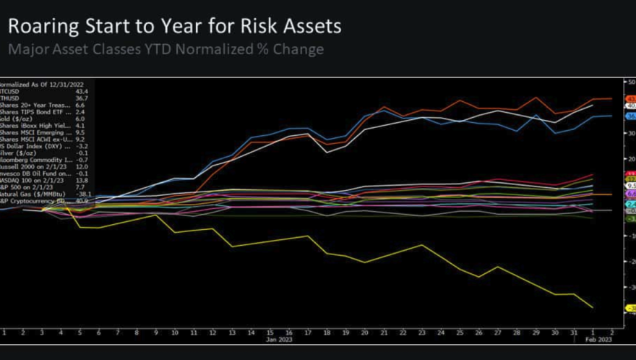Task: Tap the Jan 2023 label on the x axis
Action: tap(278, 338)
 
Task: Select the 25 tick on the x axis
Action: tap(459, 332)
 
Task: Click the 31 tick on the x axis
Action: tap(573, 332)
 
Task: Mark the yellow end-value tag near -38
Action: tap(630, 308)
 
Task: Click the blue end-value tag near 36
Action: tap(630, 116)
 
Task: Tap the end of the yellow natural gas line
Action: tap(593, 307)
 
